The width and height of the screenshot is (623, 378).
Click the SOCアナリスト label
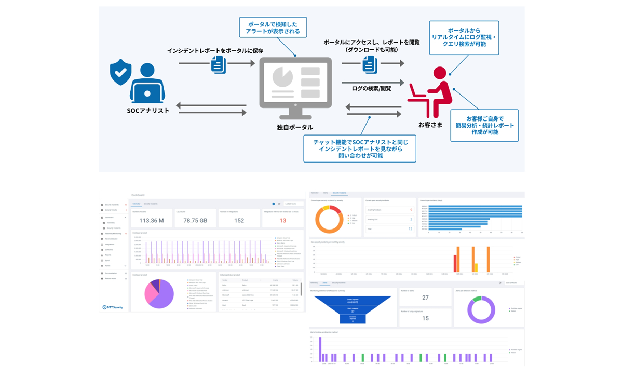coord(148,110)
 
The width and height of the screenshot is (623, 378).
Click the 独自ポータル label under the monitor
coord(295,127)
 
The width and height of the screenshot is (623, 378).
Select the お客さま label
coord(430,125)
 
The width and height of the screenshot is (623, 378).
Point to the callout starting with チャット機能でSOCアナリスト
coord(359,148)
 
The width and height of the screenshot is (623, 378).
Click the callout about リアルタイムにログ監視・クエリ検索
coord(465,37)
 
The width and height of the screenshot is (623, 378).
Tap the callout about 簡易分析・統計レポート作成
coord(484,125)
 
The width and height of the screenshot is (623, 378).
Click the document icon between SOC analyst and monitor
coord(218,64)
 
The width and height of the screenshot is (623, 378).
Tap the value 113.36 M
coord(152,221)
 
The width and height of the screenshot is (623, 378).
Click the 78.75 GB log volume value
coord(195,221)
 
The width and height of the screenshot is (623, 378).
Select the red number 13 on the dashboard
coord(283,221)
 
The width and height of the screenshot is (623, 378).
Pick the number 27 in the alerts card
coord(425,298)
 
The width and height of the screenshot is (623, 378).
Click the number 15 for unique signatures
coord(425,318)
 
